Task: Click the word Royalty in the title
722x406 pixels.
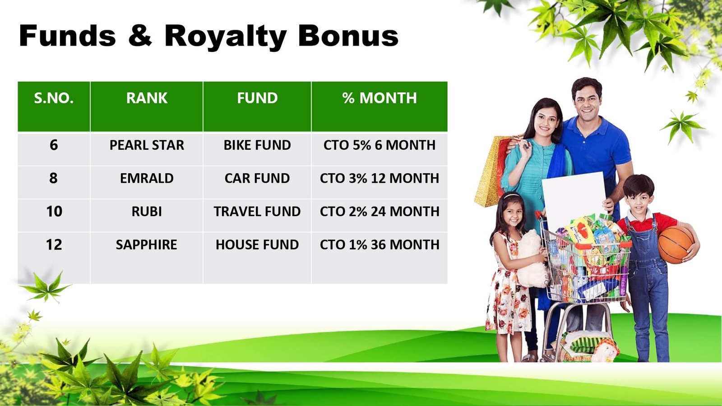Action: coord(226,36)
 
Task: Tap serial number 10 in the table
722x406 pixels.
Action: coord(54,212)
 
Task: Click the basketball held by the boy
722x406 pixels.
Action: coord(675,245)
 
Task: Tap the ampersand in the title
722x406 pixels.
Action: coord(140,36)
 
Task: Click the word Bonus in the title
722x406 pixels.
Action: coord(348,36)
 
